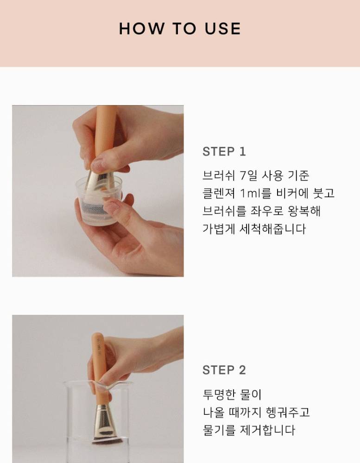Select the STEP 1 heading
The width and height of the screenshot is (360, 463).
pyautogui.click(x=224, y=151)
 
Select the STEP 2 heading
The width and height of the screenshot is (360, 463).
pyautogui.click(x=224, y=370)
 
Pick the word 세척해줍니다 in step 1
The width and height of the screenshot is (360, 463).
pyautogui.click(x=272, y=229)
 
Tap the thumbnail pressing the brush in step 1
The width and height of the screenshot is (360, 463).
pyautogui.click(x=98, y=164)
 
